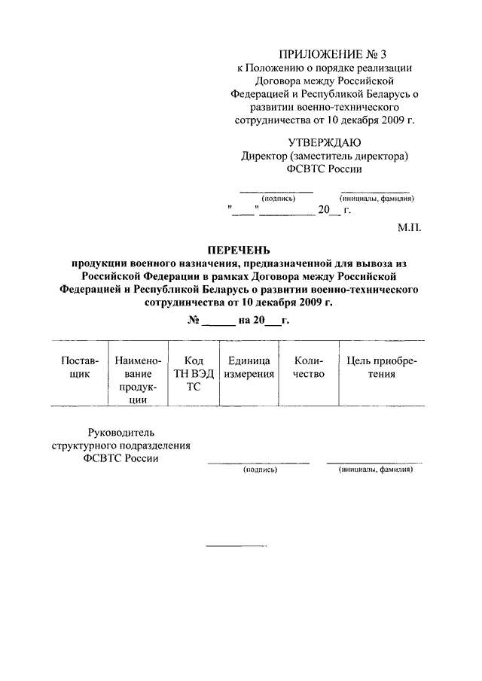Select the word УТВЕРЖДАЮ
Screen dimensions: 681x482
click(x=325, y=143)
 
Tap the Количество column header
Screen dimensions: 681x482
click(x=309, y=367)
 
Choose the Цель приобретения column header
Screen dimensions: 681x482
click(x=381, y=367)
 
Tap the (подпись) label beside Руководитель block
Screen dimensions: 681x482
click(x=260, y=470)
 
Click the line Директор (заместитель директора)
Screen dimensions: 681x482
click(x=325, y=157)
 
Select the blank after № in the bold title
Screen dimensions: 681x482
click(x=218, y=321)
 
